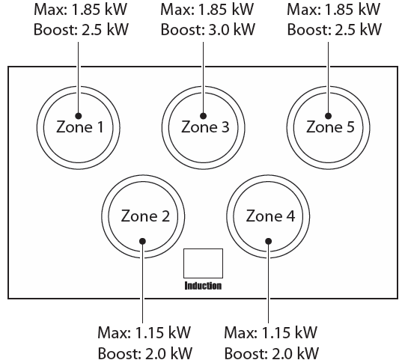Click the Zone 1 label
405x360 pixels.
pos(80,127)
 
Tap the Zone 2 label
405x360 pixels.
pos(145,216)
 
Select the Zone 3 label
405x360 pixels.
pos(205,127)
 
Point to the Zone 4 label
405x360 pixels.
pos(270,216)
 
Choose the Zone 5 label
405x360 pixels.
pos(330,127)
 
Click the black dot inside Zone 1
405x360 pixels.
pos(79,116)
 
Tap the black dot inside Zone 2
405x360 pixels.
pos(142,241)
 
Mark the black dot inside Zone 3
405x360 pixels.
pos(204,116)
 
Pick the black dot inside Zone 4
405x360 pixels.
pos(268,241)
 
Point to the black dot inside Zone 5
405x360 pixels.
pos(329,116)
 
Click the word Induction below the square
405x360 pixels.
pos(203,286)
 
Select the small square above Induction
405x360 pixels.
pos(204,263)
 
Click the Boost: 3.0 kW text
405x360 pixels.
pos(208,29)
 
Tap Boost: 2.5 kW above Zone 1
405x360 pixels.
pos(81,29)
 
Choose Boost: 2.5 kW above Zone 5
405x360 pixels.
pos(334,29)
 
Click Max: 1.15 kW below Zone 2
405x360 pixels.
pos(144,332)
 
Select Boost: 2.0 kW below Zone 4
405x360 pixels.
pos(272,353)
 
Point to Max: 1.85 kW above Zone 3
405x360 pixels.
pos(207,9)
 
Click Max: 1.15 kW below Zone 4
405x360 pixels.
pos(270,332)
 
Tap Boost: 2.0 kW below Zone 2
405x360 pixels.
pos(145,353)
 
